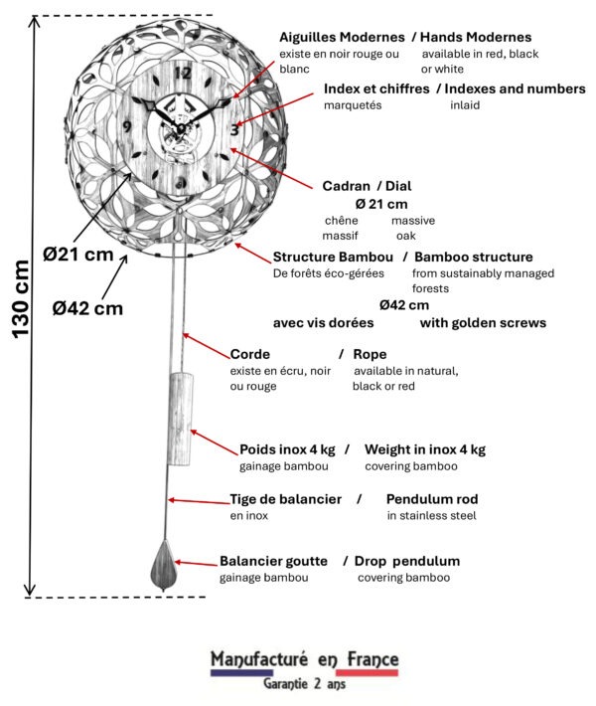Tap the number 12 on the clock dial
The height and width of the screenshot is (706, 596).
(182, 73)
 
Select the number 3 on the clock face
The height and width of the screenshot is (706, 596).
(233, 128)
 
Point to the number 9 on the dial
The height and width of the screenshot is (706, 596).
(127, 126)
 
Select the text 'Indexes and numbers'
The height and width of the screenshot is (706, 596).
(518, 88)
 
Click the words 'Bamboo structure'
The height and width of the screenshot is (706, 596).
(473, 257)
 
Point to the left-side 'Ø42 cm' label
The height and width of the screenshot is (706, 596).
(89, 307)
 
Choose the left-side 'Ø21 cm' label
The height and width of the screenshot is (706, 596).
(77, 255)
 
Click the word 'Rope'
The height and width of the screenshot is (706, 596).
(370, 354)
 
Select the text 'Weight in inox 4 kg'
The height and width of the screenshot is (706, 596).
(425, 449)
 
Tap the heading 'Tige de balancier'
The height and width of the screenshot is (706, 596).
(286, 498)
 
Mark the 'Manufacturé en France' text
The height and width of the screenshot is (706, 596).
(304, 659)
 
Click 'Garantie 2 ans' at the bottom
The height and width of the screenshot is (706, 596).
(304, 684)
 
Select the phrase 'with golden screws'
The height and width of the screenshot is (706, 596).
(483, 322)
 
